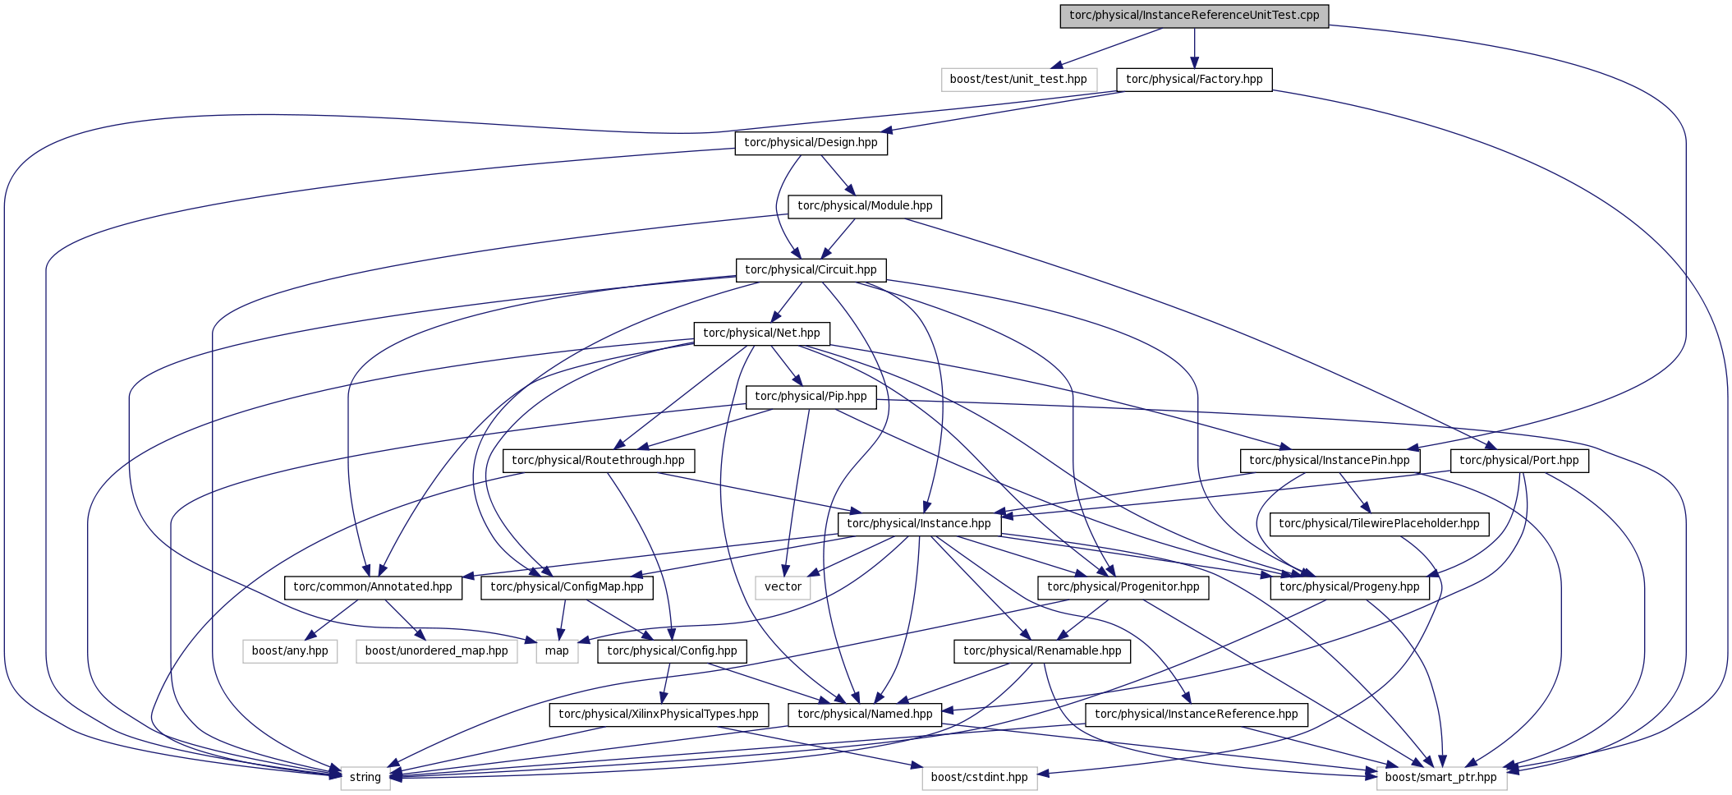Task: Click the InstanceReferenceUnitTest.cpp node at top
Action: coord(1194,16)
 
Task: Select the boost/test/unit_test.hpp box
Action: coord(1018,80)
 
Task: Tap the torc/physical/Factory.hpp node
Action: coord(1194,80)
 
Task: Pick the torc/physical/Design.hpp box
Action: coord(811,143)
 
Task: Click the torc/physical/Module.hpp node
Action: coord(865,206)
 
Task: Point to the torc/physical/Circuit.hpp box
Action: coord(811,270)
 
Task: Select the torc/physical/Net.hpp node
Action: coord(761,333)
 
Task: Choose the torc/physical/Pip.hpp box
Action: coord(811,397)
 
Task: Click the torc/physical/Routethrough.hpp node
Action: coord(598,461)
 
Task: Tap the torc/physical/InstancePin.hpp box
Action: coord(1329,461)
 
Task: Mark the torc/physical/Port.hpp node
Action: coord(1518,461)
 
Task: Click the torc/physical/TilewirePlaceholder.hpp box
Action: coord(1379,524)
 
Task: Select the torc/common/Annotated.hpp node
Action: coord(373,587)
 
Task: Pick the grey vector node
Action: coord(783,587)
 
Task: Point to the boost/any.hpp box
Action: coord(290,651)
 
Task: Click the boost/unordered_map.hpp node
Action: coord(437,651)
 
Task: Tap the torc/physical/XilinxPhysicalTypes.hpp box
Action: coord(659,715)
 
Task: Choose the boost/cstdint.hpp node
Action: coord(980,778)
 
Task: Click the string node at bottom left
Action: coord(365,778)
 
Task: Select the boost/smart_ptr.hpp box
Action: coord(1441,778)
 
